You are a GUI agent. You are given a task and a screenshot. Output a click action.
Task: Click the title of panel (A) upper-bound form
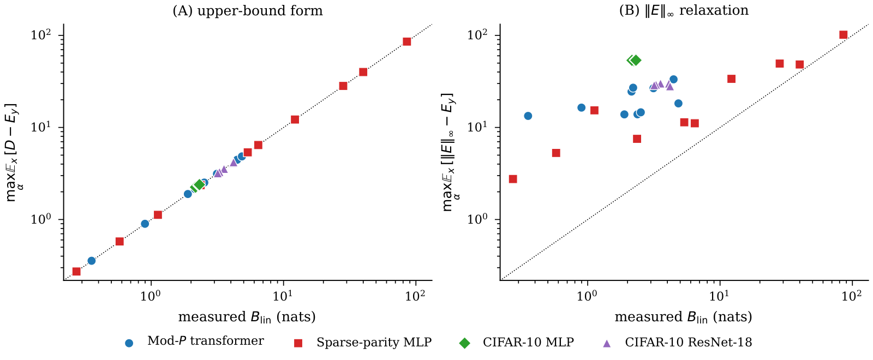(x=247, y=11)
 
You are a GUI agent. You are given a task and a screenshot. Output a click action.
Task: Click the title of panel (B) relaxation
(x=684, y=11)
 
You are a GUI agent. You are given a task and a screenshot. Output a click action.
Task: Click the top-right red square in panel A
(x=406, y=41)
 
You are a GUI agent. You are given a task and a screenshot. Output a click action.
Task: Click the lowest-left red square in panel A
(x=76, y=271)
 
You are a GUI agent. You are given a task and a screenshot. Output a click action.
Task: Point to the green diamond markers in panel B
(x=634, y=60)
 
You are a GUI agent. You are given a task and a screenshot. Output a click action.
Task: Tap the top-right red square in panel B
(x=843, y=35)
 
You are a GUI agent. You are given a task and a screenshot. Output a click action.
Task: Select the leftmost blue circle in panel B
(x=528, y=116)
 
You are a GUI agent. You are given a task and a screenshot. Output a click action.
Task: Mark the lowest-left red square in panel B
(x=513, y=179)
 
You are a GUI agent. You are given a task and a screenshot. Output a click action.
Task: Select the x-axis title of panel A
(x=247, y=317)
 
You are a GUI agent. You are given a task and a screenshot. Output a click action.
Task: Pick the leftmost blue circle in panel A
(x=92, y=261)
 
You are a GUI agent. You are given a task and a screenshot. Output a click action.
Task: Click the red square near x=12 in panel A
(x=295, y=119)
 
